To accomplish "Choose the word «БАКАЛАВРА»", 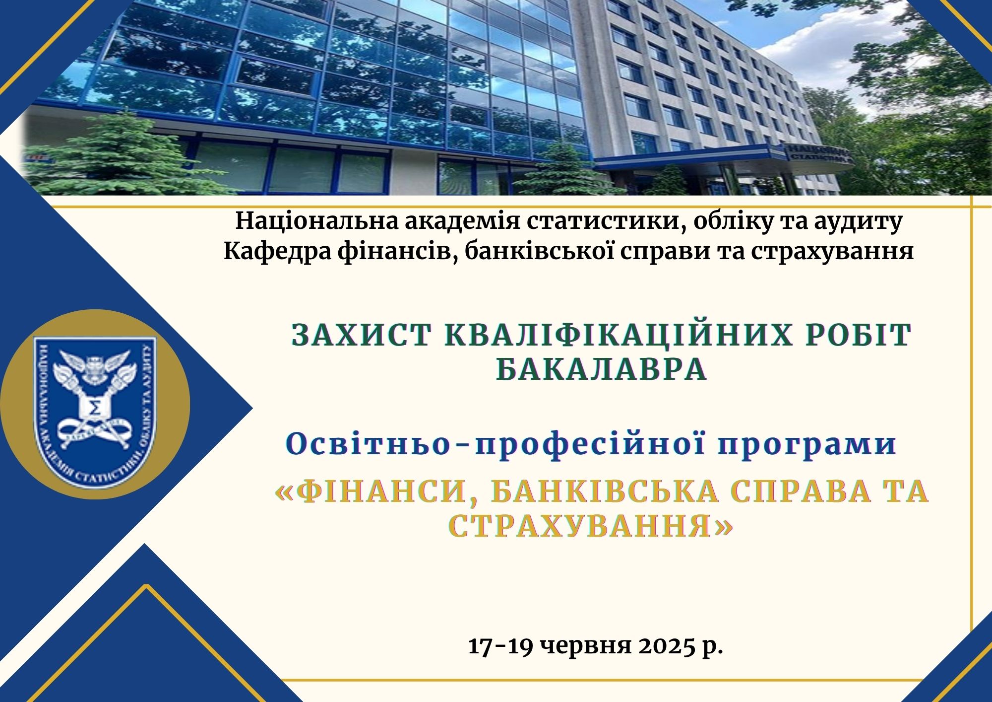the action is [602, 369].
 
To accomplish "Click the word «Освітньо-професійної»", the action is [496, 445].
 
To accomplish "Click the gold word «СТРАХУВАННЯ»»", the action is [590, 527].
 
